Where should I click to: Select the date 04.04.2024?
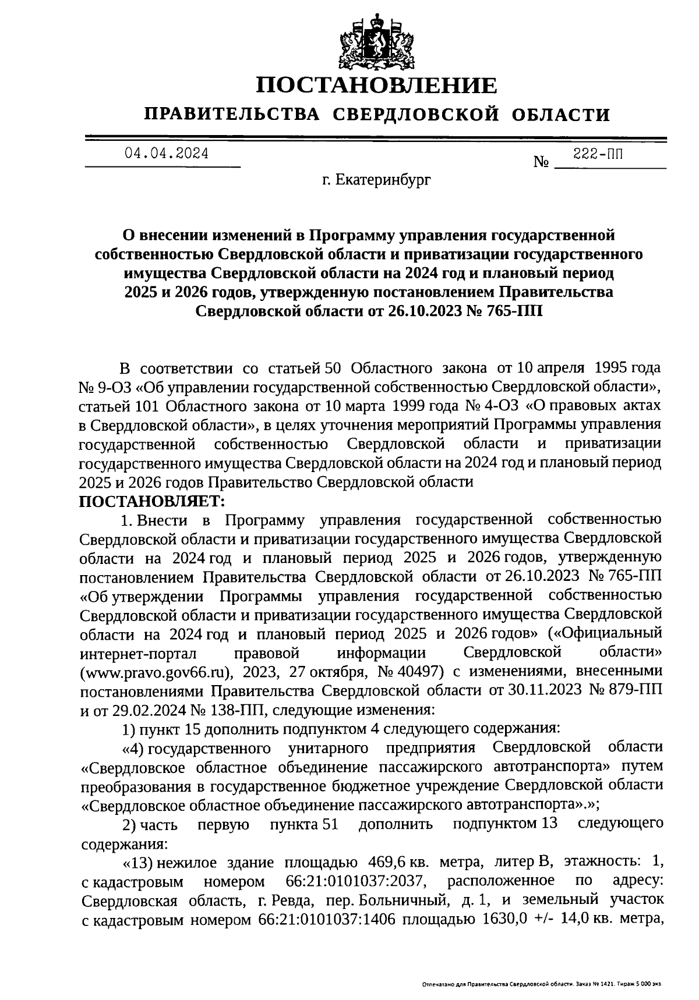(x=165, y=154)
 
